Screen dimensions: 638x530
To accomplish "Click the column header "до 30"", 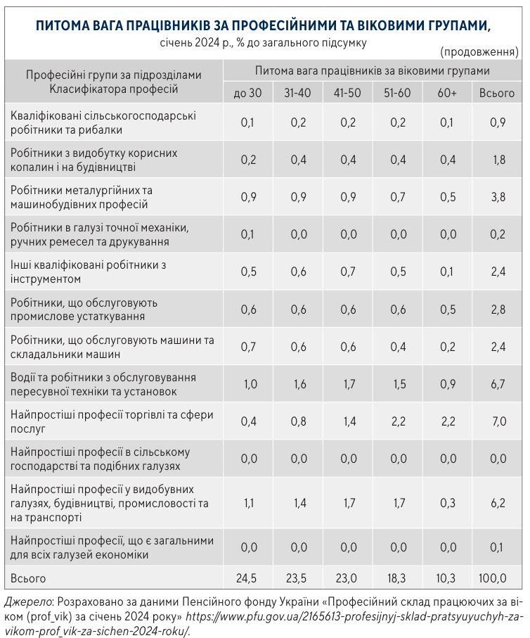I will click(x=247, y=92).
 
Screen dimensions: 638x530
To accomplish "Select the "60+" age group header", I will click(x=446, y=92).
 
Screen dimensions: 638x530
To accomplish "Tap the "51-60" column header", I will click(x=397, y=92).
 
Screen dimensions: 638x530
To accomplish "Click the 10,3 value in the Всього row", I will click(x=446, y=578).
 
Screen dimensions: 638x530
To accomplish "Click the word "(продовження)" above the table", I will click(x=479, y=52).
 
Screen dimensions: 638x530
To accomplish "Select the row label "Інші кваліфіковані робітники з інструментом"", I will click(x=88, y=272).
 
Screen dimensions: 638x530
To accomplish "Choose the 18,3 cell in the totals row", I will click(x=397, y=578).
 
